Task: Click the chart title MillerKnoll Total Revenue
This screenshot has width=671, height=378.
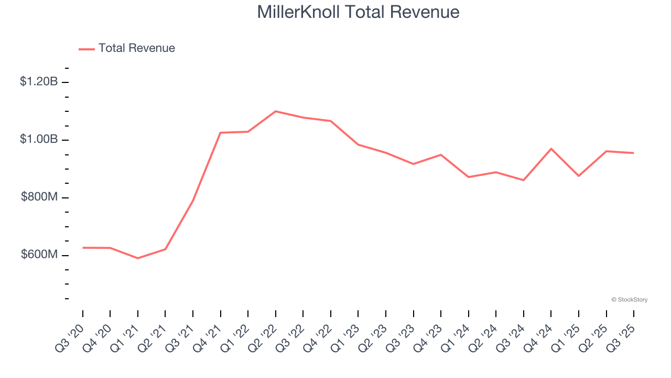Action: [358, 12]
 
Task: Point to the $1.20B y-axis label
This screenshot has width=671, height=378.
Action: [39, 82]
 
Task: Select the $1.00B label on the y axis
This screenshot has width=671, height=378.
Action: [39, 140]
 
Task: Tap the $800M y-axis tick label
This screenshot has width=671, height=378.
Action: [39, 197]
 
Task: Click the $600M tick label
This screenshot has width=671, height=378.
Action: [39, 255]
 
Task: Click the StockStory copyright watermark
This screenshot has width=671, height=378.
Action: [629, 300]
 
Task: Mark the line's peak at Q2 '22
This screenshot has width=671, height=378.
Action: [276, 111]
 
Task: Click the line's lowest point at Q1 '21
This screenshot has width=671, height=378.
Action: [138, 258]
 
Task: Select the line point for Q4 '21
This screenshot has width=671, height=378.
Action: [221, 133]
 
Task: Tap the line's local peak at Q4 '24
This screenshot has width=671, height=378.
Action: [551, 149]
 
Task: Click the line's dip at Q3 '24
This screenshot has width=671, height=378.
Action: [524, 180]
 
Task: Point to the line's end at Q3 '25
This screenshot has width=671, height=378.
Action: [634, 153]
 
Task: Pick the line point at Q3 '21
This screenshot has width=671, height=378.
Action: [193, 201]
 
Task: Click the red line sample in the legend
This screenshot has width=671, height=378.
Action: [86, 49]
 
